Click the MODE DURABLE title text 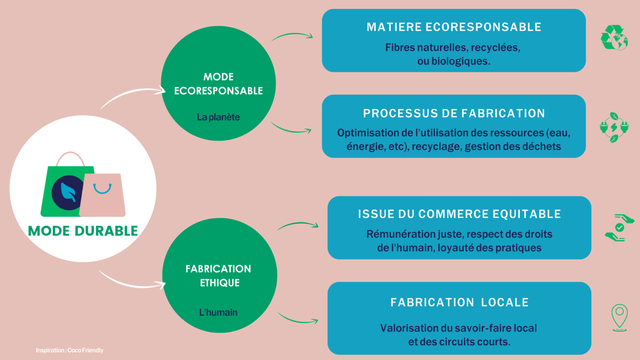pos(83,231)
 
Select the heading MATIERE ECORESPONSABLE pos(454,27)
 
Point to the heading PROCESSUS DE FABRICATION pos(454,113)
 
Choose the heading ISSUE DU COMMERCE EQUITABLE pos(459,214)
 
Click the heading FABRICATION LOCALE pos(459,302)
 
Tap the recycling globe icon pos(614,38)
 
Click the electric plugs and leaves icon pos(614,127)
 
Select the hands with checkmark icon pos(619,228)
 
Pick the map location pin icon pos(619,317)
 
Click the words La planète pos(218,117)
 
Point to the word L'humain pos(218,313)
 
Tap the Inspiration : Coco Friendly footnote pos(69,350)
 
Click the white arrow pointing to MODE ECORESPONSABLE pos(131,94)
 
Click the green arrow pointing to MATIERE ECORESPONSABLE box pos(292,36)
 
